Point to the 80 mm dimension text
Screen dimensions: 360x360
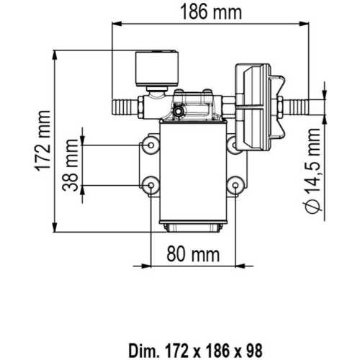click(x=193, y=254)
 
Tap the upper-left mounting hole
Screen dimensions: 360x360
click(x=149, y=145)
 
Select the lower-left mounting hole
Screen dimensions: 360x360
click(x=149, y=186)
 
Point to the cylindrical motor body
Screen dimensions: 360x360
click(x=192, y=173)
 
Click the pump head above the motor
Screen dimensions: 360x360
click(x=193, y=108)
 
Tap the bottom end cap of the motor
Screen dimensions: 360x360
click(x=193, y=228)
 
